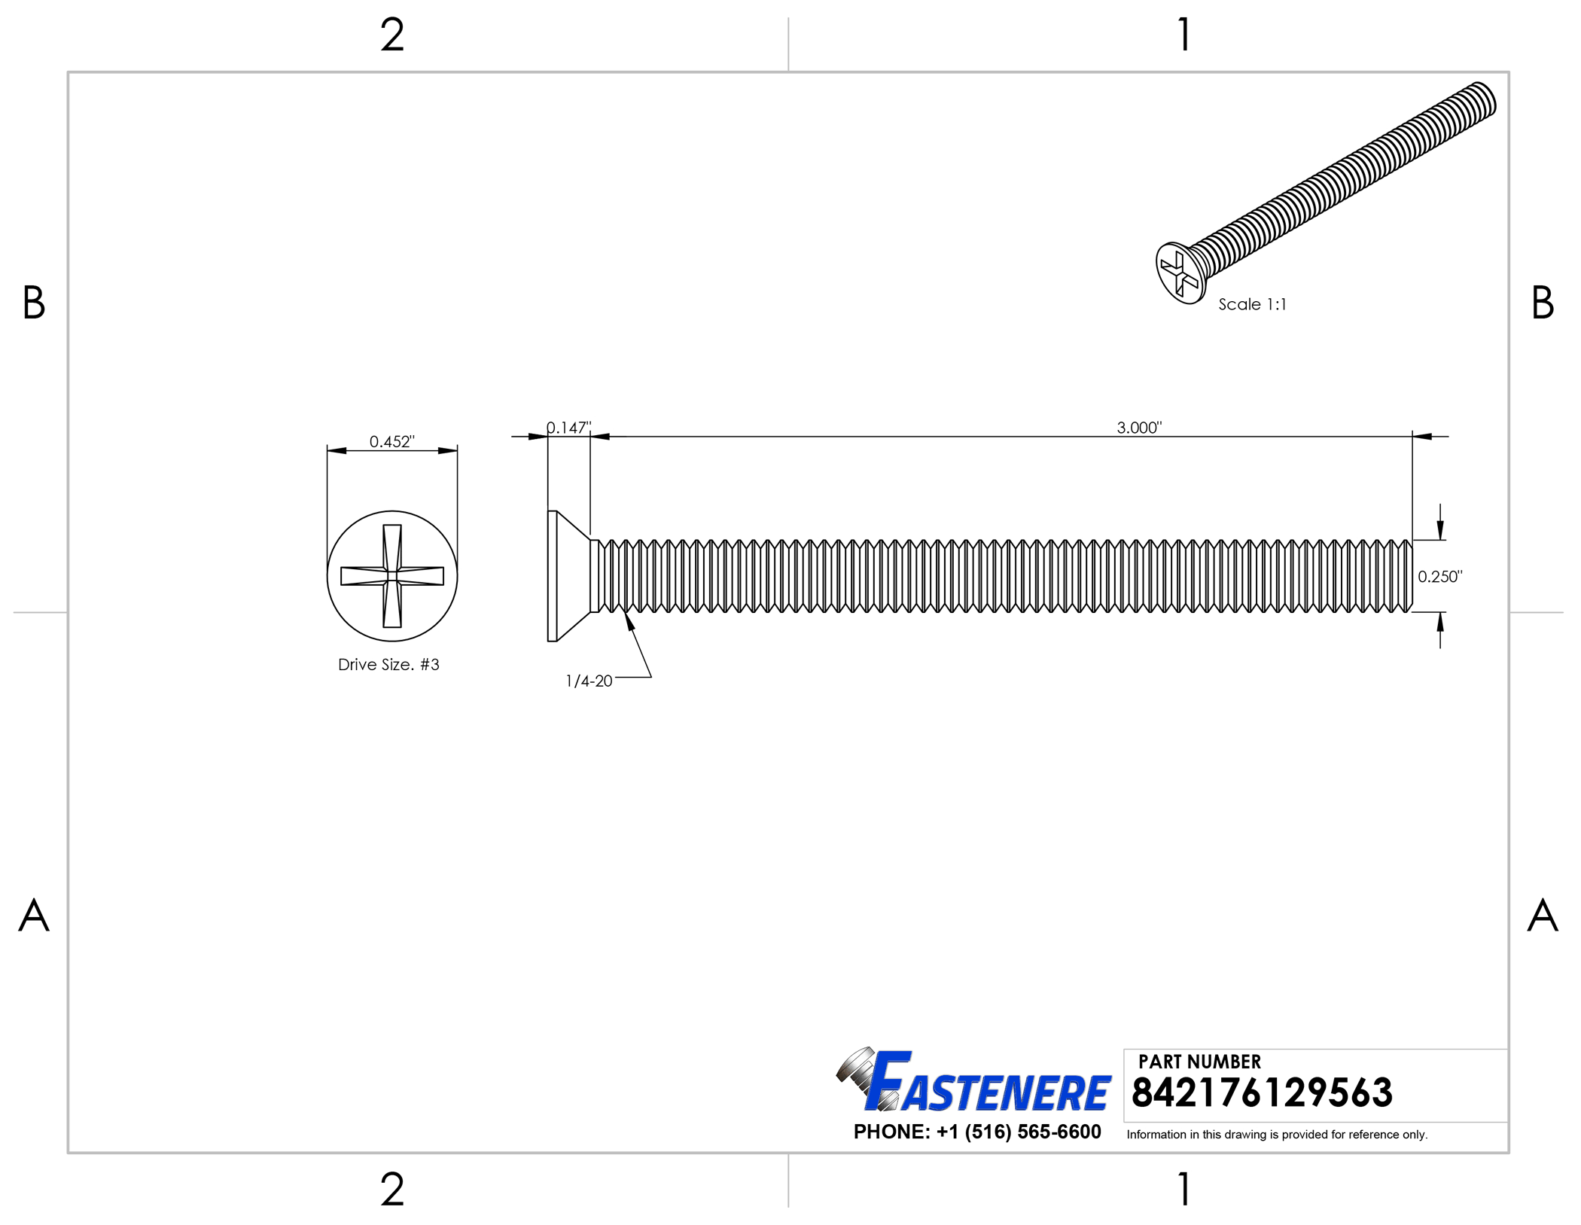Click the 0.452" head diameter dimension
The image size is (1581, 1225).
pos(391,441)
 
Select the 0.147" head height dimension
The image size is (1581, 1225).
pos(568,428)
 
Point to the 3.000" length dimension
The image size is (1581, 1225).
pos(1139,428)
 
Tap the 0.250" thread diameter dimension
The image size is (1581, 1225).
pos(1439,577)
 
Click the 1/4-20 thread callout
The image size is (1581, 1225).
pos(589,681)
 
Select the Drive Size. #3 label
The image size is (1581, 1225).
pos(388,665)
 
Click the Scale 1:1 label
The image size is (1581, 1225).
pos(1253,304)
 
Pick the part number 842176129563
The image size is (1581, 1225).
pos(1262,1092)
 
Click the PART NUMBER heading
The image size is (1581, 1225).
pos(1199,1062)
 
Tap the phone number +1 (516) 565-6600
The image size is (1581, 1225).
pos(1019,1132)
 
